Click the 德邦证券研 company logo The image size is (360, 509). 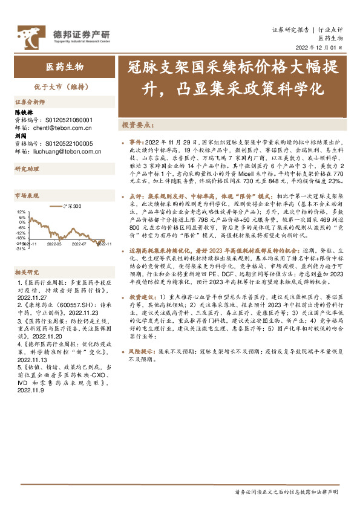pyautogui.click(x=63, y=35)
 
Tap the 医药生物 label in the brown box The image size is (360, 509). pyautogui.click(x=65, y=66)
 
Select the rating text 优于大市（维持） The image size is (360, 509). pyautogui.click(x=65, y=86)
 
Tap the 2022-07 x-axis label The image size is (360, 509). pyautogui.click(x=79, y=244)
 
